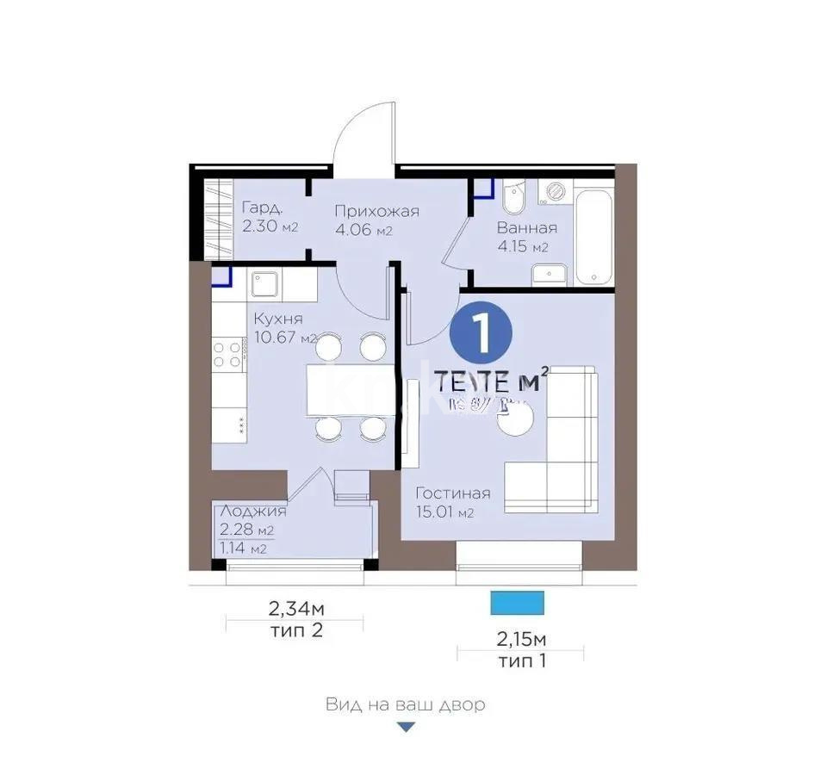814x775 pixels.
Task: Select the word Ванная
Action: (526, 228)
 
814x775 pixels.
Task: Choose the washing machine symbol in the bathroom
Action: (554, 191)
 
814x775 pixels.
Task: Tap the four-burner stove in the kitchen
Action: (227, 355)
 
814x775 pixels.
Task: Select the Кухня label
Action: (278, 319)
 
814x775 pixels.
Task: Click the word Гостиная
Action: (453, 493)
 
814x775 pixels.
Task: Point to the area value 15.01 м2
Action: (444, 512)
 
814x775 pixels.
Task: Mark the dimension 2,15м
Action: (522, 641)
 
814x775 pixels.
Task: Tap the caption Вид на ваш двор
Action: (406, 704)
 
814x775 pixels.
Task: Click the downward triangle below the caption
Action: (406, 728)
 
